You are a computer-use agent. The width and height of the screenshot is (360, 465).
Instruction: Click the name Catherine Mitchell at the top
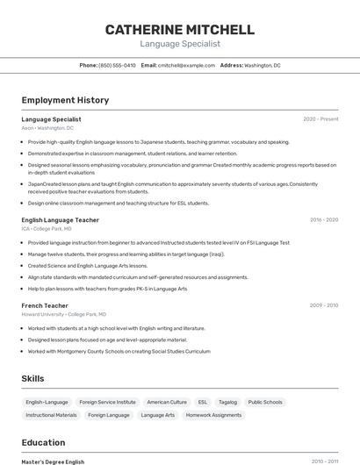180,30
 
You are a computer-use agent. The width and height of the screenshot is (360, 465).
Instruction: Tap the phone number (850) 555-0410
117,65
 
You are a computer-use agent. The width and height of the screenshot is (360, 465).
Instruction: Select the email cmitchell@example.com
186,65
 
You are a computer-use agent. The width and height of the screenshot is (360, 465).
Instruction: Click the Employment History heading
65,100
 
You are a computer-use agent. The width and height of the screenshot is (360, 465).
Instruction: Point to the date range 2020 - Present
320,118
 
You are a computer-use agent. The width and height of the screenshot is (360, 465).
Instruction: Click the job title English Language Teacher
60,219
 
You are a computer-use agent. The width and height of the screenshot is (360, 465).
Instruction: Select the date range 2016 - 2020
323,219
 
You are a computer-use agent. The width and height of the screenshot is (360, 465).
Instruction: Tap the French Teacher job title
44,304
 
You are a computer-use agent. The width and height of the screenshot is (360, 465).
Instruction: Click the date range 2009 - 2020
323,304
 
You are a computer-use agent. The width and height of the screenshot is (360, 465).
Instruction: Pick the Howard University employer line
63,313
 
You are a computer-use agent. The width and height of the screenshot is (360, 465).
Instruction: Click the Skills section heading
33,378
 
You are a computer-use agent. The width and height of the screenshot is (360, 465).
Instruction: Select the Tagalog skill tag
227,402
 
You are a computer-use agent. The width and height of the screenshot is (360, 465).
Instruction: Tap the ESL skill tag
203,402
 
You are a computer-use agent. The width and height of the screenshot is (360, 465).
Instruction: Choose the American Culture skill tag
167,402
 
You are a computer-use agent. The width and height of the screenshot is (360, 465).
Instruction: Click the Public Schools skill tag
265,402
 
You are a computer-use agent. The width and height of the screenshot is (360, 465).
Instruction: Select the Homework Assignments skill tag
213,415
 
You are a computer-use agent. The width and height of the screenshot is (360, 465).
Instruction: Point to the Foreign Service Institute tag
107,402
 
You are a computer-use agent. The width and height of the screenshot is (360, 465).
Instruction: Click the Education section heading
43,443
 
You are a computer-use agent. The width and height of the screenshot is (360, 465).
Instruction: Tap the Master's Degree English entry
53,461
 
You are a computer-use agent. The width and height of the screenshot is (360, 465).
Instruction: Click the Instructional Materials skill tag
51,415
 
